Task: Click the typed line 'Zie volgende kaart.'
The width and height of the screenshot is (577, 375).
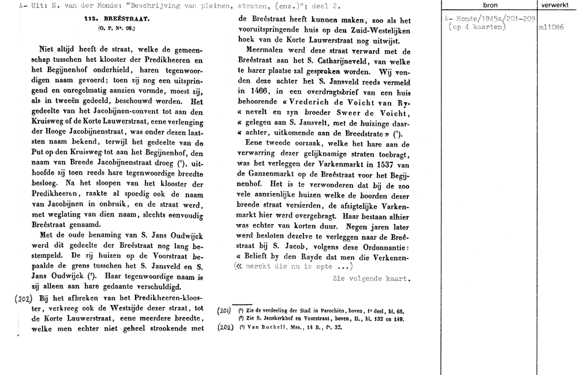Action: (372, 279)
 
